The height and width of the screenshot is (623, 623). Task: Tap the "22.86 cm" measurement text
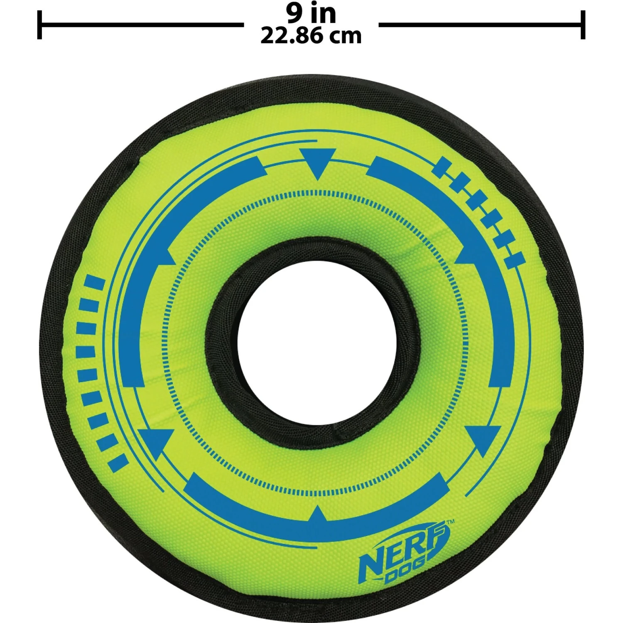click(311, 36)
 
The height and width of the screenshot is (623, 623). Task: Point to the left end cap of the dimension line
click(39, 25)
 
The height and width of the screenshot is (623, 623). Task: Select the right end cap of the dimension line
click(583, 25)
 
